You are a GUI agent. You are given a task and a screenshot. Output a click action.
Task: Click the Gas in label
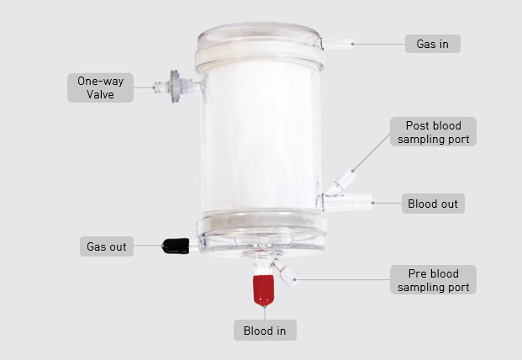pyautogui.click(x=432, y=44)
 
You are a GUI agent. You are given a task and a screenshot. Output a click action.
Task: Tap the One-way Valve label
pyautogui.click(x=100, y=87)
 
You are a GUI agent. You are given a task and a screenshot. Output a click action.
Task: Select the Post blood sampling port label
pyautogui.click(x=433, y=131)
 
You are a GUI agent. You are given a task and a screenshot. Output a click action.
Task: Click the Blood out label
pyautogui.click(x=433, y=204)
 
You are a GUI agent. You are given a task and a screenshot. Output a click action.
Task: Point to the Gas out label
pyautogui.click(x=107, y=246)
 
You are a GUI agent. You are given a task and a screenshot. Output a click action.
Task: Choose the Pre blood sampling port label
pyautogui.click(x=433, y=280)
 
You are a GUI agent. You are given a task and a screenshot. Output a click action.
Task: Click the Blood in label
pyautogui.click(x=265, y=331)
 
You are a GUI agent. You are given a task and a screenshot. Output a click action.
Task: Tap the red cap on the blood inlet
pyautogui.click(x=263, y=290)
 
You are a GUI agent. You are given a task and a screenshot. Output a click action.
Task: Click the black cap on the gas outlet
pyautogui.click(x=176, y=246)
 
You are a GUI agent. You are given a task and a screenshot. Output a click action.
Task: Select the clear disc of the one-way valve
pyautogui.click(x=175, y=87)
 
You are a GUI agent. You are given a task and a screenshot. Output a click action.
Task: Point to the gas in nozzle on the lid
pyautogui.click(x=338, y=44)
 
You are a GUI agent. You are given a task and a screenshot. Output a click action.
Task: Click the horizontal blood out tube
pyautogui.click(x=348, y=202)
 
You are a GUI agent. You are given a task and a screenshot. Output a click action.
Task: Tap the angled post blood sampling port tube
pyautogui.click(x=342, y=183)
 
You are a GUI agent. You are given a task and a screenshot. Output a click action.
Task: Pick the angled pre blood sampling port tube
pyautogui.click(x=285, y=273)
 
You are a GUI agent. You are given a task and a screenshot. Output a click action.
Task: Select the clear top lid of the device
pyautogui.click(x=260, y=46)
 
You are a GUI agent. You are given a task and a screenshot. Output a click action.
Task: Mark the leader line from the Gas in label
pyautogui.click(x=379, y=44)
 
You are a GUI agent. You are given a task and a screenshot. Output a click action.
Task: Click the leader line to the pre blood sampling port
pyautogui.click(x=343, y=279)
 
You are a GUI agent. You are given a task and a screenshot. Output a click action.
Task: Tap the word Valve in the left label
pyautogui.click(x=100, y=94)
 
